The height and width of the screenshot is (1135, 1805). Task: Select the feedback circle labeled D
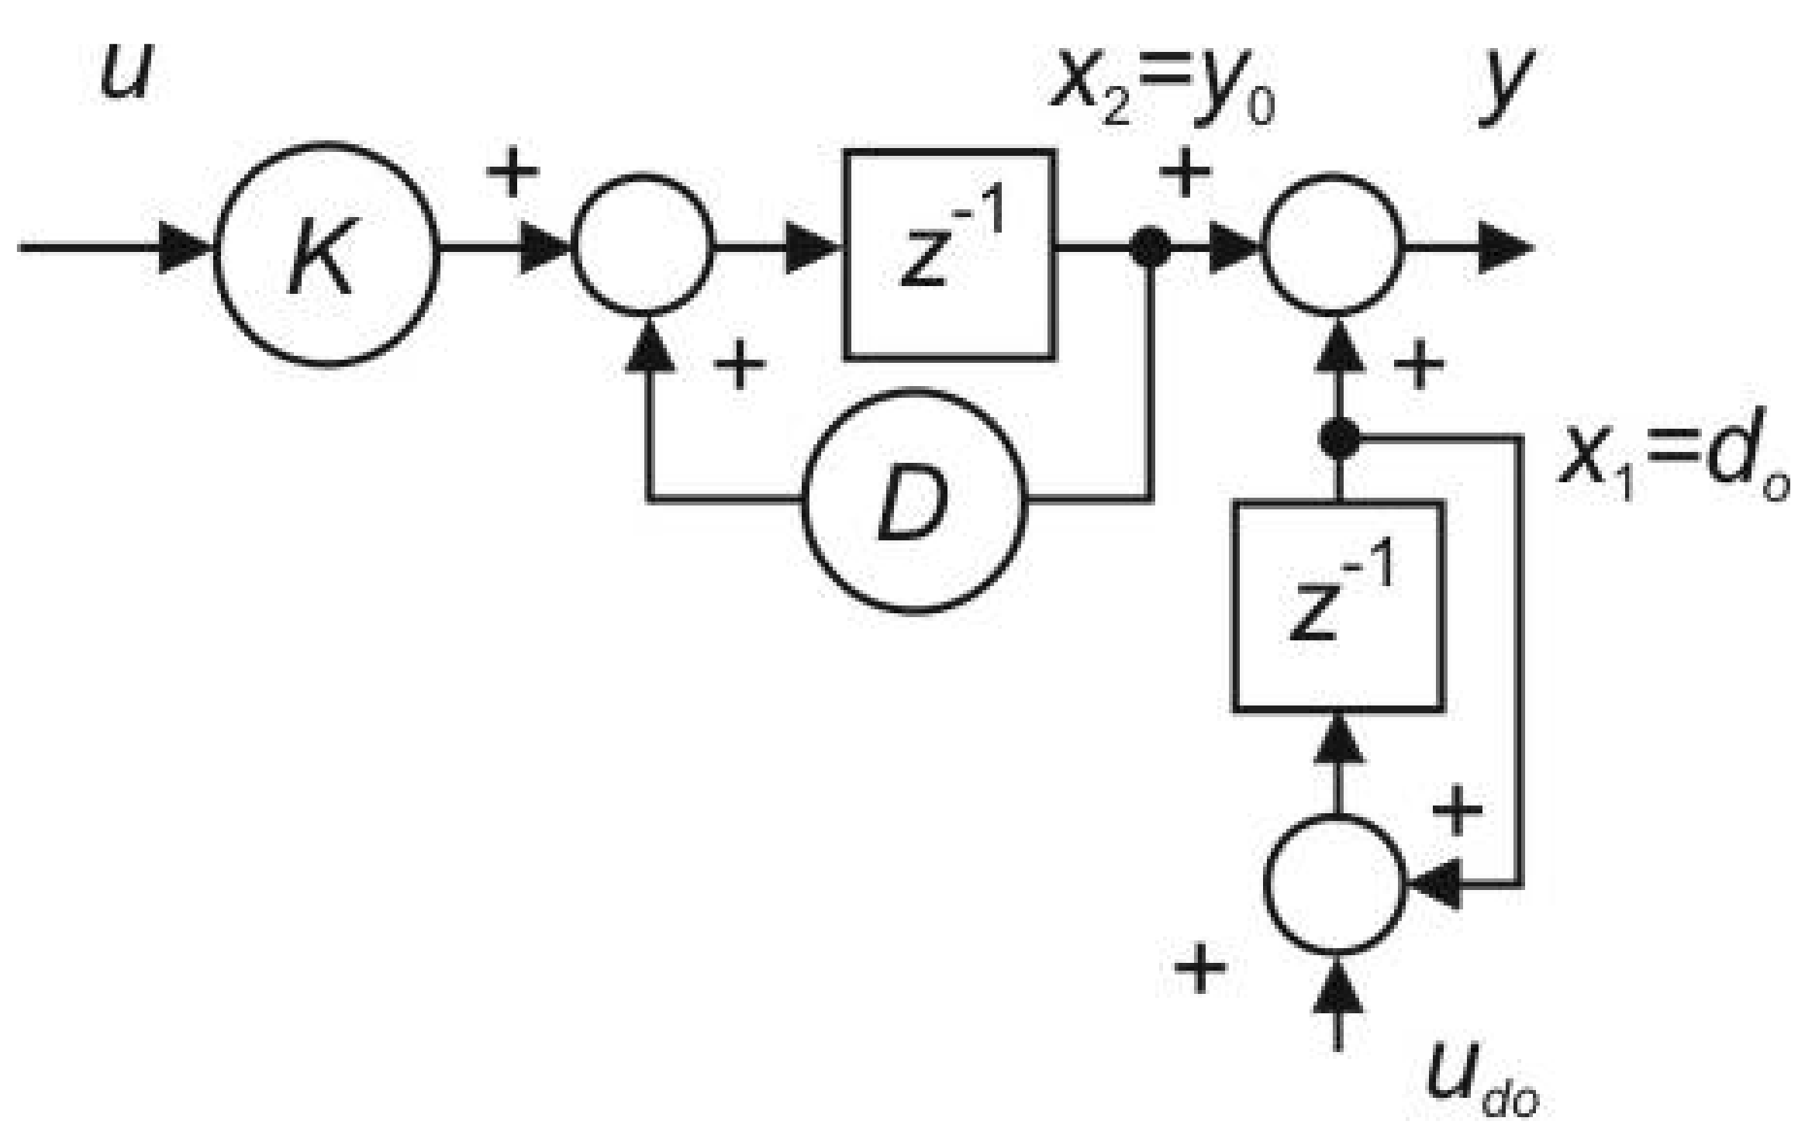(913, 502)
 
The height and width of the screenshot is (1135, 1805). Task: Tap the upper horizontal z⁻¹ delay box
(949, 254)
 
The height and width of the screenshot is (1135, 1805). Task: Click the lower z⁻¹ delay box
(1338, 606)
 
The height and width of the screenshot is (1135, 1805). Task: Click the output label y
(1504, 81)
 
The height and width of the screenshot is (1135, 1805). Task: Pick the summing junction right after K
(643, 247)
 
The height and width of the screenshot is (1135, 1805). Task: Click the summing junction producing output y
(1334, 247)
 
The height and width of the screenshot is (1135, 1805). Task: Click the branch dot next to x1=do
(1338, 438)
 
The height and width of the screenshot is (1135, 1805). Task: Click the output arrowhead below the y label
(1504, 248)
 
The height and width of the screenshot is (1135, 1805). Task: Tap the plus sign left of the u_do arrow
(1200, 967)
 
